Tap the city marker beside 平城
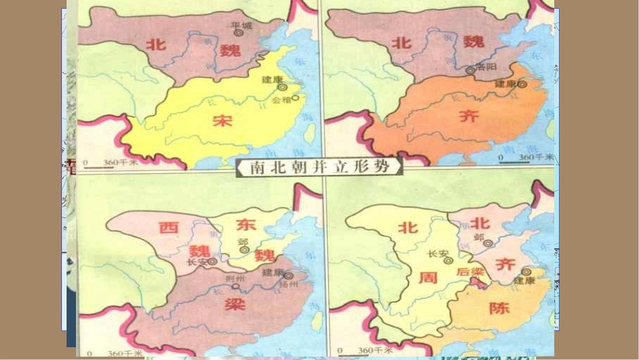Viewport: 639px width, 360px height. (x=237, y=32)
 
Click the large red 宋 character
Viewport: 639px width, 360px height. (x=221, y=121)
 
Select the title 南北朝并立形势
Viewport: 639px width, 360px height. (x=319, y=167)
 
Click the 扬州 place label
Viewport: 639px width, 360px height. (x=288, y=285)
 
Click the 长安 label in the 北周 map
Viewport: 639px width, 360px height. (x=437, y=254)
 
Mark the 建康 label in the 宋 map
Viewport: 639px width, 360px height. (x=273, y=79)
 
